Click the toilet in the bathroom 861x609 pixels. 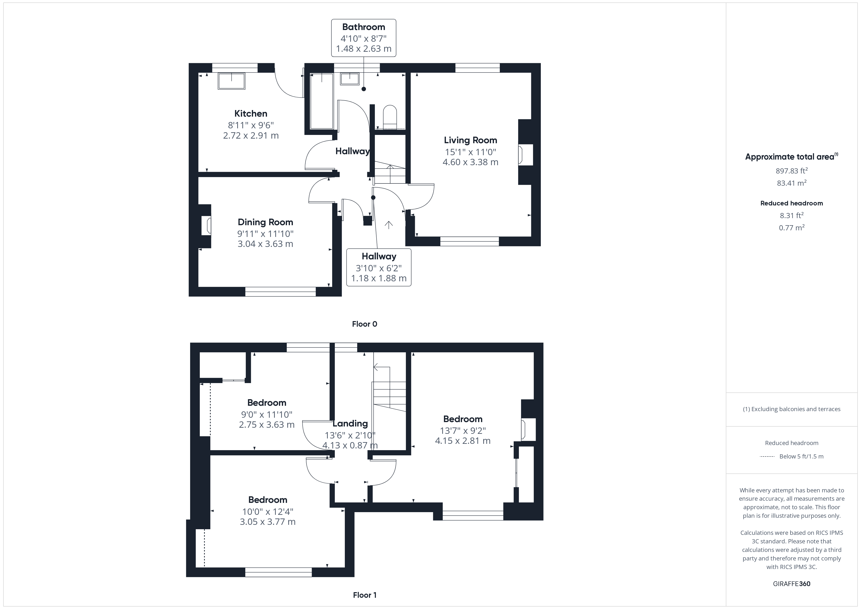click(390, 116)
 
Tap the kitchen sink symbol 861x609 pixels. click(231, 81)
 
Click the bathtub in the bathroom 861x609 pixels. click(322, 101)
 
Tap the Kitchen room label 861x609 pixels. click(250, 113)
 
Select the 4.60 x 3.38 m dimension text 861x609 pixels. click(470, 162)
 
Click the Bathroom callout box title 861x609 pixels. click(363, 27)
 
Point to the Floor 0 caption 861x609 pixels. click(364, 324)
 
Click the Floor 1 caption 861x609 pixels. click(365, 595)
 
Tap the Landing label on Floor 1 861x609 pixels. click(350, 423)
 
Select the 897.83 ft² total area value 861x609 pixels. click(791, 171)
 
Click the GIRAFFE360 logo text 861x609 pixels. click(791, 584)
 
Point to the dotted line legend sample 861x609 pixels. click(767, 456)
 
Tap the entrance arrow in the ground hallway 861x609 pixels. click(389, 225)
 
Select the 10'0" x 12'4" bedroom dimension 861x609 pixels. click(267, 511)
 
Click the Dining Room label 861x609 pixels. click(265, 222)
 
